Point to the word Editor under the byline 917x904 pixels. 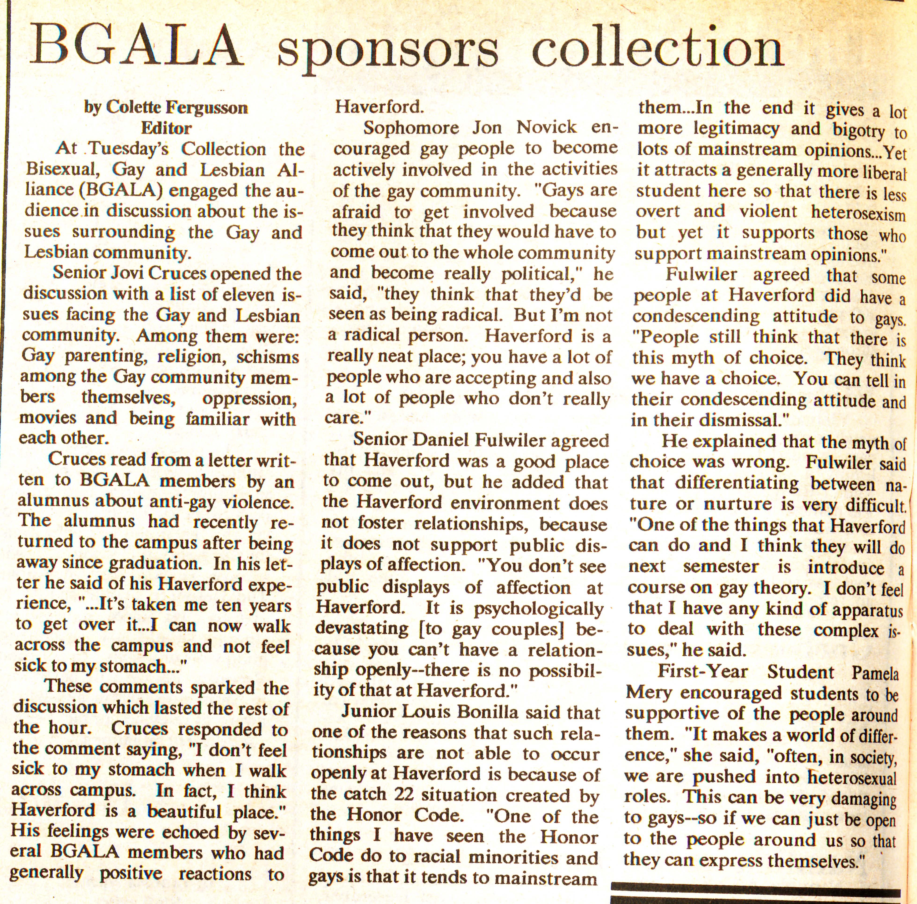166,128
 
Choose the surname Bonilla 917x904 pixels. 476,713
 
